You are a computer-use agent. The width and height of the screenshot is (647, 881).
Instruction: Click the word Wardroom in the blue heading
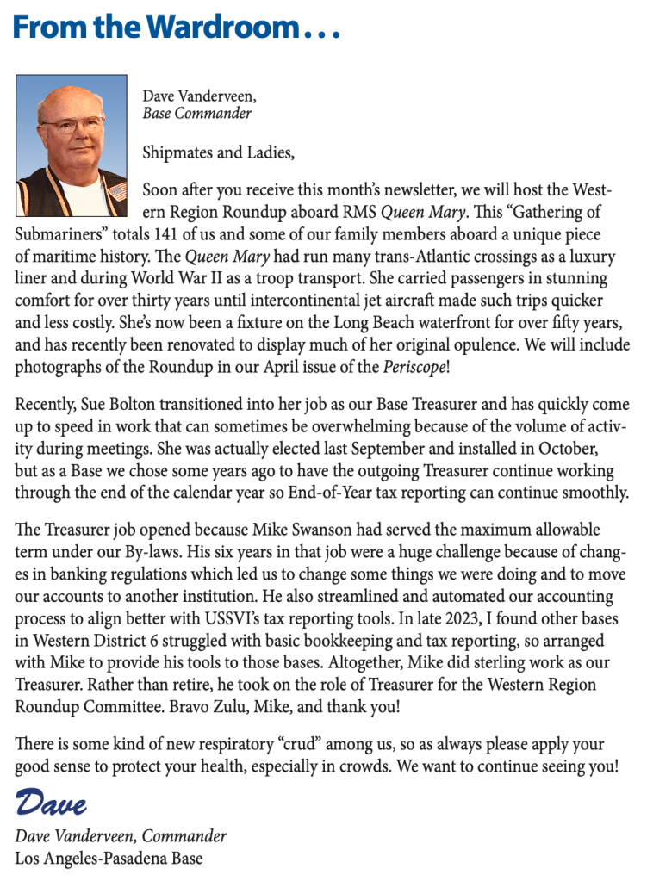click(208, 28)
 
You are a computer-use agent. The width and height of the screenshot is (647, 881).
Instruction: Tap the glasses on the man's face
click(75, 126)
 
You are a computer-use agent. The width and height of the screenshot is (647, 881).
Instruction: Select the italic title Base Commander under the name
click(196, 113)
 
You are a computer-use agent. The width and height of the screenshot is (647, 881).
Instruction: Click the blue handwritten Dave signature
click(51, 803)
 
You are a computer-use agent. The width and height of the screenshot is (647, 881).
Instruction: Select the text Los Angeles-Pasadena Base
click(109, 859)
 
